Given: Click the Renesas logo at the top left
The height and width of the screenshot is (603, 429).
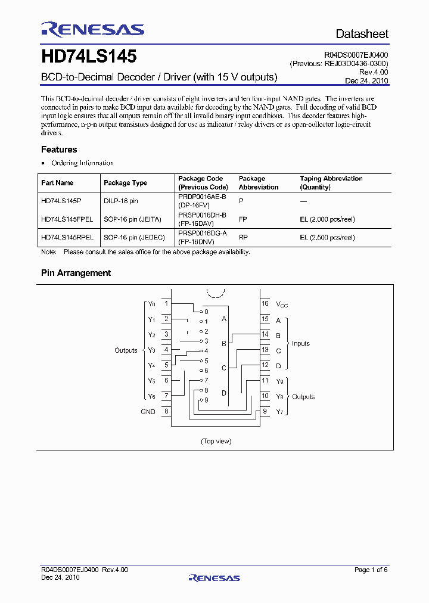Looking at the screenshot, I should tap(92, 30).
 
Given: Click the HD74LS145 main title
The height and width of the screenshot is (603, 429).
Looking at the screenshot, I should tap(89, 57).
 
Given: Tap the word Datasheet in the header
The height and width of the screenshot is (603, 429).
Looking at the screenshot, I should tap(362, 34).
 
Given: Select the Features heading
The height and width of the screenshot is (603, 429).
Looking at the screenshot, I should tap(59, 150).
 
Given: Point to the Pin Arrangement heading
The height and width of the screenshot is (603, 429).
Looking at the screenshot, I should tap(76, 273).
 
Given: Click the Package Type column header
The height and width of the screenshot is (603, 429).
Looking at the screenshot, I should tap(125, 183).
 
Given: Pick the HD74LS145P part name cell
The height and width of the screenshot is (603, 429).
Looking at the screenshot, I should tap(61, 201).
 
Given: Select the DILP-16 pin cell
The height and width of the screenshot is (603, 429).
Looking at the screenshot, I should tap(121, 201).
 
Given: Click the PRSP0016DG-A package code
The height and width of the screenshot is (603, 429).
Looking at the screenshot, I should tap(203, 233).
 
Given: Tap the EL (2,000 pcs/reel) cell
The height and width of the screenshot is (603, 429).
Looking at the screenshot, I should tap(327, 219).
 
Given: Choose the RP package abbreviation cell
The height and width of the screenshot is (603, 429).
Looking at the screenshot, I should tap(243, 237).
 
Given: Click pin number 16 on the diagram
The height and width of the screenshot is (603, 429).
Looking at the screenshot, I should tap(265, 303).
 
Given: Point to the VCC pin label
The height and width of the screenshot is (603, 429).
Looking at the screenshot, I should tap(282, 304).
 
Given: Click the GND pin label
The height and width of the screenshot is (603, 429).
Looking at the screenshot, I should tap(148, 412).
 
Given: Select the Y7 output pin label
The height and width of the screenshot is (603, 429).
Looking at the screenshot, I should tap(279, 412).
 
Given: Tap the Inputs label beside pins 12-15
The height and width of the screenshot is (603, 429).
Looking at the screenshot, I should tap(300, 343).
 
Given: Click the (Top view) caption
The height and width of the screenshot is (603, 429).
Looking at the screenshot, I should tap(216, 441).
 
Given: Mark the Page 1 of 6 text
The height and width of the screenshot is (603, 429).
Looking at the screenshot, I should tap(371, 570).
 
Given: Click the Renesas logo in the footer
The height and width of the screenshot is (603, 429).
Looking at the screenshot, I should tap(214, 577).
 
